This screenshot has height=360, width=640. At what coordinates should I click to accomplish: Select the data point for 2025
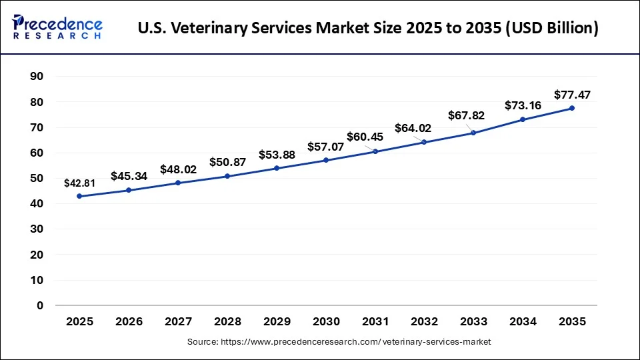(x=80, y=196)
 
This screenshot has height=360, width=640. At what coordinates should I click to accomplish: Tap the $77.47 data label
(x=573, y=95)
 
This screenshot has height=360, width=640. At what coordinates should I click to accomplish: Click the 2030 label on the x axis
(x=326, y=321)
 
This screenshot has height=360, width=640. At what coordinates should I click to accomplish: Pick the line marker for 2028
(x=228, y=176)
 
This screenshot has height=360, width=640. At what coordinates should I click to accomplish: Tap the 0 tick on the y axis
(x=40, y=305)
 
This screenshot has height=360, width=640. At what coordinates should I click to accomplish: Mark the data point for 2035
(x=572, y=108)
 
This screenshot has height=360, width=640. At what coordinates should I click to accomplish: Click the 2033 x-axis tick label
(x=473, y=321)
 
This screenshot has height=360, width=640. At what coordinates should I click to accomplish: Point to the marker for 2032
(x=424, y=142)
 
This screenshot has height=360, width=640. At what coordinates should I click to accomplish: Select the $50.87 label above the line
(x=227, y=162)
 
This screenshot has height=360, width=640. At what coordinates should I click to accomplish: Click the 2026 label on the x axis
(x=129, y=321)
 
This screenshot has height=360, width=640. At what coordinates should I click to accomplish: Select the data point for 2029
(x=277, y=168)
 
